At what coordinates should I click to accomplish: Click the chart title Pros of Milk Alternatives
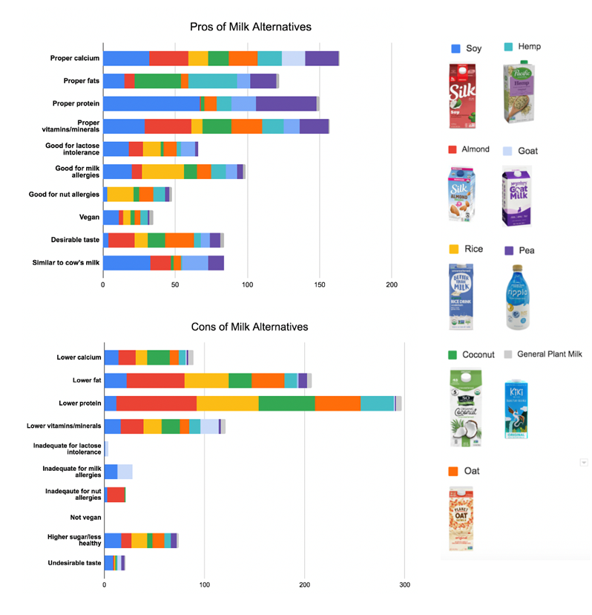point(249,27)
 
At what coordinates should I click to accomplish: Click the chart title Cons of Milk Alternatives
point(249,327)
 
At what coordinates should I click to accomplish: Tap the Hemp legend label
point(530,46)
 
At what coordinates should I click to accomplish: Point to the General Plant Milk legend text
point(550,354)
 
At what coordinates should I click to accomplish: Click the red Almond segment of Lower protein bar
point(157,403)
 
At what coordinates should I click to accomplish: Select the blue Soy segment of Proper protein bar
point(151,103)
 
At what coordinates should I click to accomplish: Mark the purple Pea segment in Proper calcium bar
point(321,58)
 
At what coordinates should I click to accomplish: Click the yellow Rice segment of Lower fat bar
point(206,380)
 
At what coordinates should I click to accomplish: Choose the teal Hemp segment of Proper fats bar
point(212,81)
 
